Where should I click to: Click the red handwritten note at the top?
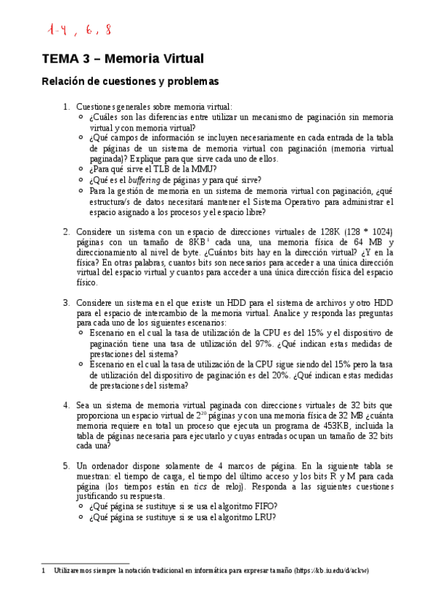(81, 30)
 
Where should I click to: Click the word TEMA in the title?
(60, 58)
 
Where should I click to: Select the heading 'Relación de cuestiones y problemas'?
(129, 82)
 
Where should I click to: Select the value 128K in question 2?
(338, 232)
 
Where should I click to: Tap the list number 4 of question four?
(65, 405)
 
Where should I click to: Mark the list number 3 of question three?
(65, 301)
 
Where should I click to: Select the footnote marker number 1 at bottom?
(44, 571)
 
